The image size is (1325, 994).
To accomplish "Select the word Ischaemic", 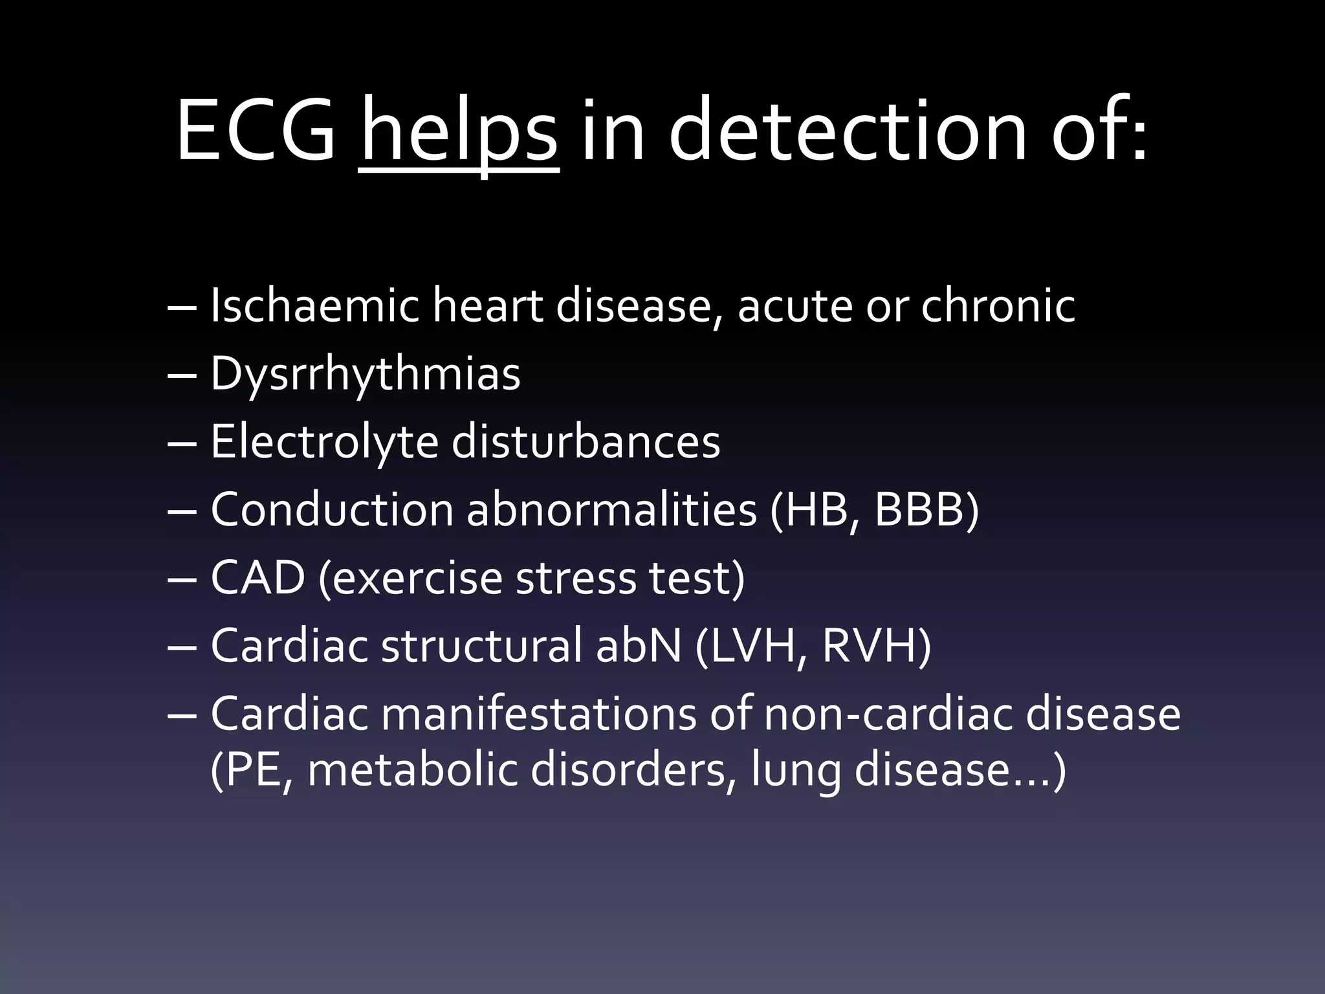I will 314,305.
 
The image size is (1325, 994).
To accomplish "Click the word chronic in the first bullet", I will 998,305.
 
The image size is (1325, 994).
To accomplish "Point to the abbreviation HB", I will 815,510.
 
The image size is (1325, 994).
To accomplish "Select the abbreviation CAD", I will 257,578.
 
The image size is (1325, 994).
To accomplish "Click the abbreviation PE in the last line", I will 254,770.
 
